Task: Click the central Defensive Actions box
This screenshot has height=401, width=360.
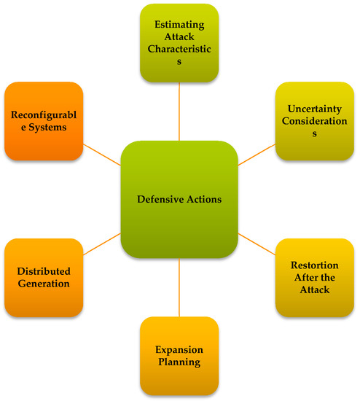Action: tap(180, 200)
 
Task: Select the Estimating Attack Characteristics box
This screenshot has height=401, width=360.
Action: tap(179, 42)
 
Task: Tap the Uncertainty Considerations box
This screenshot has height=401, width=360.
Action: tap(315, 120)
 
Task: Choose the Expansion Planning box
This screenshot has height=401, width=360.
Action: tap(179, 356)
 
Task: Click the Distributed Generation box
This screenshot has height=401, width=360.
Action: tap(44, 277)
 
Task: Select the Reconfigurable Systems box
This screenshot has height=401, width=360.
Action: tap(44, 120)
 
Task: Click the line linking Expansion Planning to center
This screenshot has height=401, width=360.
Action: tap(179, 287)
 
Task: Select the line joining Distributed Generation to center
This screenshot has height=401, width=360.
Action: tap(101, 244)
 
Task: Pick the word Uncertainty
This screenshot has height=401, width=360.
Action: tap(315, 107)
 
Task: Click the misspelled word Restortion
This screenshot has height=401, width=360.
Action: tap(315, 264)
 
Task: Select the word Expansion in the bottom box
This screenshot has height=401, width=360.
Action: tap(179, 349)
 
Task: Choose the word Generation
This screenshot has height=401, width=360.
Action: tap(44, 284)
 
